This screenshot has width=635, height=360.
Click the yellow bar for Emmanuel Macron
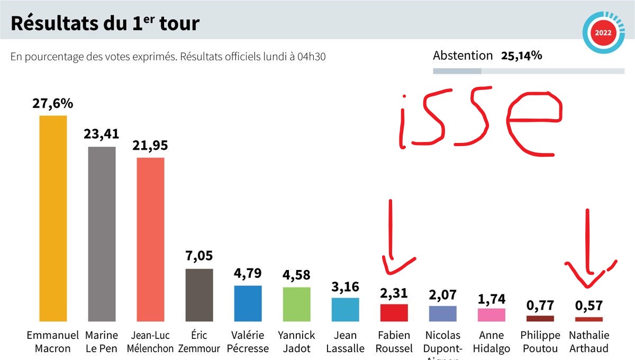53,218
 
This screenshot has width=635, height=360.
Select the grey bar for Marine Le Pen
102,234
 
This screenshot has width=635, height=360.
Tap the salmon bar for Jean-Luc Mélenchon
150,239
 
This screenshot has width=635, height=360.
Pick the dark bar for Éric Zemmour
199,295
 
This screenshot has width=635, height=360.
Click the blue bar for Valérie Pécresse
248,303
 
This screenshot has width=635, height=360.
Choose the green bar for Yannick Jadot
296,304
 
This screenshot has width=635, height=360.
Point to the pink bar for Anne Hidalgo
491,315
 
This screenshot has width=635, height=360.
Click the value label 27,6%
52,104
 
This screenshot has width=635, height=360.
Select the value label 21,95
150,146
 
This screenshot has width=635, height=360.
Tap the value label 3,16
345,287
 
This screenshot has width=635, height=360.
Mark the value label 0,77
540,305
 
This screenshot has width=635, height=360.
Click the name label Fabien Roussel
394,341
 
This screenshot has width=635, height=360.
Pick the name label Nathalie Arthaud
588,341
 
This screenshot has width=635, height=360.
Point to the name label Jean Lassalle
345,341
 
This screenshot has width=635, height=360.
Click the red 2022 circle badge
603,33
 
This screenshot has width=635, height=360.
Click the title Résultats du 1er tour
105,24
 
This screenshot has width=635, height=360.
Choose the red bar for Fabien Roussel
394,313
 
